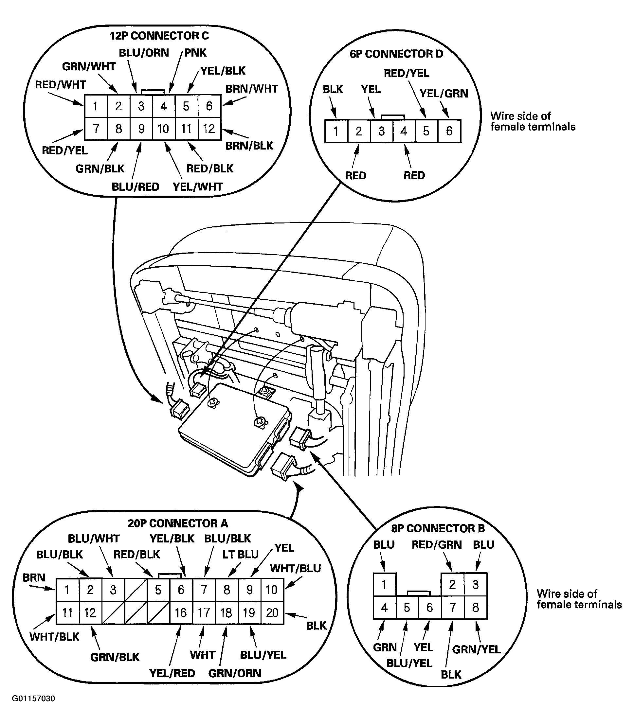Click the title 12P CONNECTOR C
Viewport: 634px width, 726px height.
click(x=159, y=36)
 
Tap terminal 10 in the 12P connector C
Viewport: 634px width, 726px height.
click(x=163, y=129)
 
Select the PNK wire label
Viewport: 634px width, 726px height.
click(x=195, y=53)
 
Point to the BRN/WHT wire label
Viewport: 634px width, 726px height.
click(x=252, y=89)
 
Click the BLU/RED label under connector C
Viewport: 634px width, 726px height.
click(x=136, y=187)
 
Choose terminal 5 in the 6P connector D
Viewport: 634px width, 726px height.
click(x=426, y=131)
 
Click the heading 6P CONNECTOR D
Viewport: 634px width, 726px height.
click(x=396, y=54)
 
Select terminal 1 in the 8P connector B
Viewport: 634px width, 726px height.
click(x=384, y=584)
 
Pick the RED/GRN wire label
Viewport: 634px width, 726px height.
click(x=437, y=545)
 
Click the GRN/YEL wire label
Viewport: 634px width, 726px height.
click(x=476, y=649)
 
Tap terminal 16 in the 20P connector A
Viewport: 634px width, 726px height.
click(x=181, y=612)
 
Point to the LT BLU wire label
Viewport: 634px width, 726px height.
click(x=240, y=554)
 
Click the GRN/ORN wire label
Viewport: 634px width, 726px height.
click(x=235, y=673)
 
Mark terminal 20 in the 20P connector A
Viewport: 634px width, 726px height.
click(x=272, y=612)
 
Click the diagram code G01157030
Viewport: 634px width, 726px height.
click(x=34, y=699)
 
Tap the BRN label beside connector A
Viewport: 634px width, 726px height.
click(x=34, y=577)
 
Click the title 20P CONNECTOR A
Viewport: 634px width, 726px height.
click(x=178, y=523)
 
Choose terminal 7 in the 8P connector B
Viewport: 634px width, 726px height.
click(x=452, y=607)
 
